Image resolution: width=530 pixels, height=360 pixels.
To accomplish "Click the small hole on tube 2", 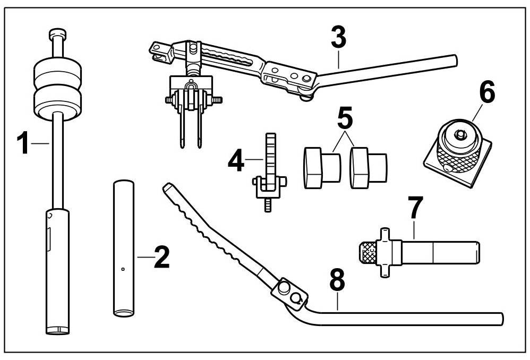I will [x=123, y=269].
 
